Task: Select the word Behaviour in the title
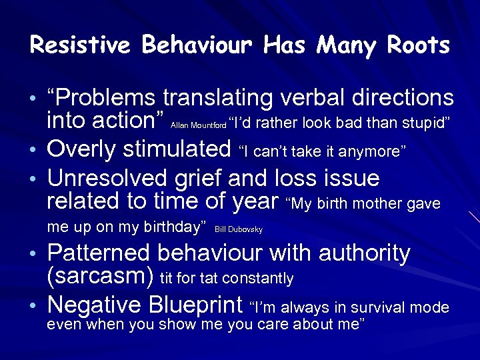coord(198,45)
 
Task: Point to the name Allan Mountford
coord(199,125)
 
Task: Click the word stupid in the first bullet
coord(423,122)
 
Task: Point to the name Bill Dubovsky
coord(239,230)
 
